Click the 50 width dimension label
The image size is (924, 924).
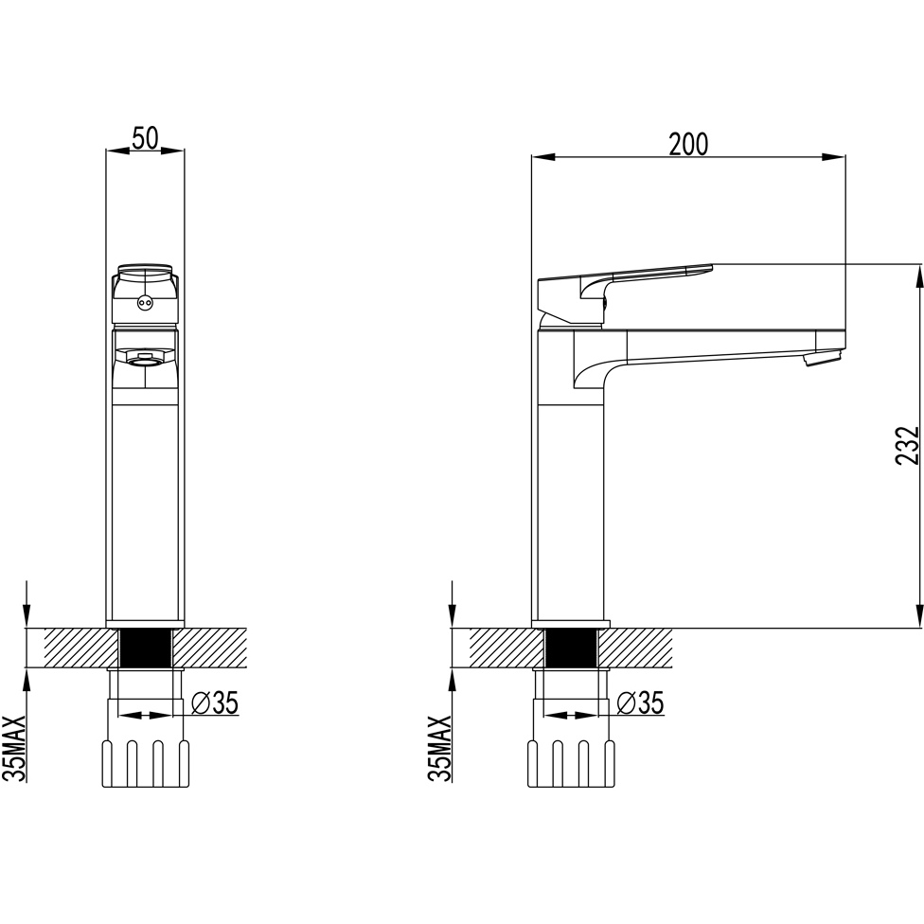click(x=145, y=138)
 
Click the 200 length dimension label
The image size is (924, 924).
click(x=688, y=144)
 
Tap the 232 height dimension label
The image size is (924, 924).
click(x=907, y=445)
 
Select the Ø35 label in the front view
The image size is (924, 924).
click(x=216, y=702)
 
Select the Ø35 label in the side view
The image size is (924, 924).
click(x=641, y=702)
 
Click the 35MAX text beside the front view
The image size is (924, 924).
click(x=14, y=749)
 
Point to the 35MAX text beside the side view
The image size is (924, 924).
click(x=439, y=749)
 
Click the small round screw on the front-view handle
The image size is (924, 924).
click(x=144, y=304)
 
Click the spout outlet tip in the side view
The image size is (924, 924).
click(x=824, y=358)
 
